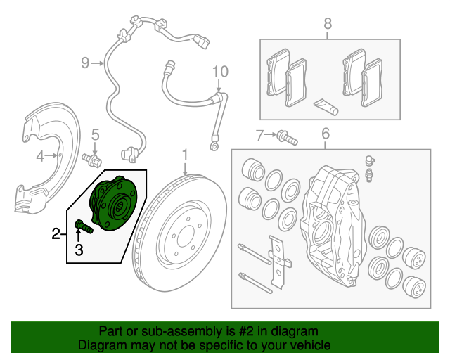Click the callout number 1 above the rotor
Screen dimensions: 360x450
coord(185,153)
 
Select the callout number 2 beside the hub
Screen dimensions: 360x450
coord(56,233)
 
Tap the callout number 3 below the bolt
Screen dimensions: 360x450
coord(79,250)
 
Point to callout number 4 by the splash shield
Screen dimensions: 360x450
coord(41,155)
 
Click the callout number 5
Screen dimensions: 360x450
coord(96,134)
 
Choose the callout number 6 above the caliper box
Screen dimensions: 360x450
coord(326,133)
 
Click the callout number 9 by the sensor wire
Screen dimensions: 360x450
coord(85,63)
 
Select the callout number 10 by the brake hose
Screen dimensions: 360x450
coord(220,71)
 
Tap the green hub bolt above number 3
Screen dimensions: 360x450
coord(82,226)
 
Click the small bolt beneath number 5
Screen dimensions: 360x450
coord(91,160)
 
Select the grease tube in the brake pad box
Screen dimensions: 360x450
coord(326,106)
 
